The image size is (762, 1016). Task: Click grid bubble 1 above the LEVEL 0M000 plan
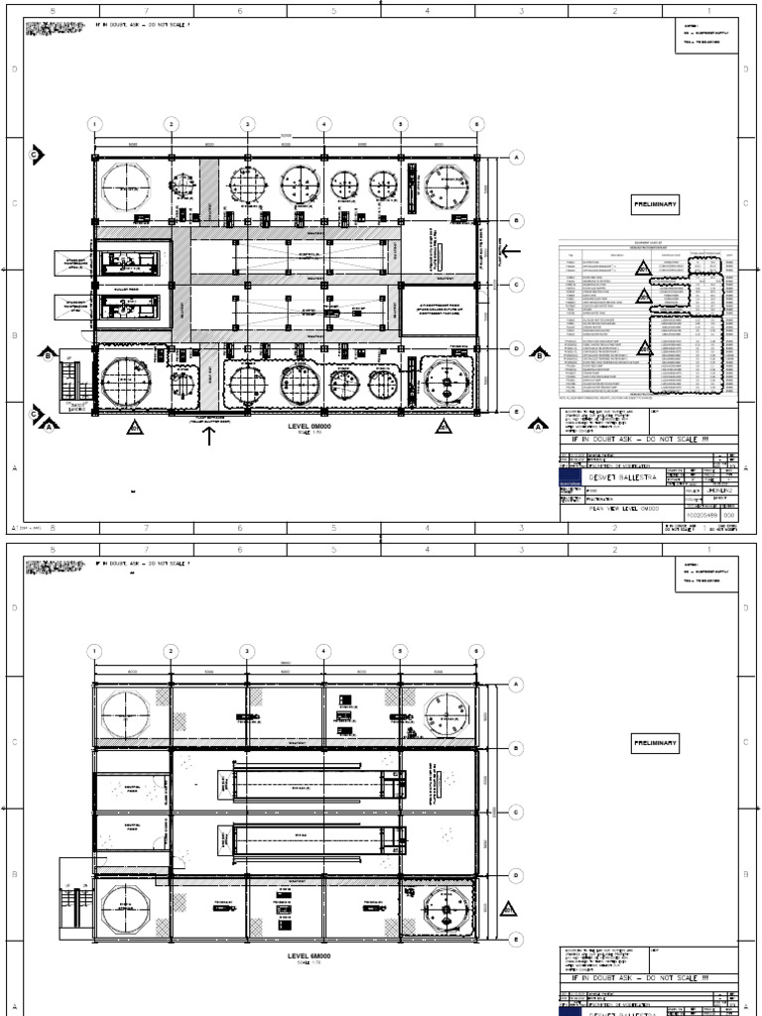click(94, 124)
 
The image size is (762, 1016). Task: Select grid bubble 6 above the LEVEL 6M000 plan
click(477, 651)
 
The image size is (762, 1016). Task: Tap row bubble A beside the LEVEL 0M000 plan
click(516, 157)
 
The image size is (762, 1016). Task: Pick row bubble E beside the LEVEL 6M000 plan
click(516, 937)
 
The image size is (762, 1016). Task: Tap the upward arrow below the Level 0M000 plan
click(207, 438)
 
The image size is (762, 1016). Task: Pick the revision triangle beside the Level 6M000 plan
click(508, 908)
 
